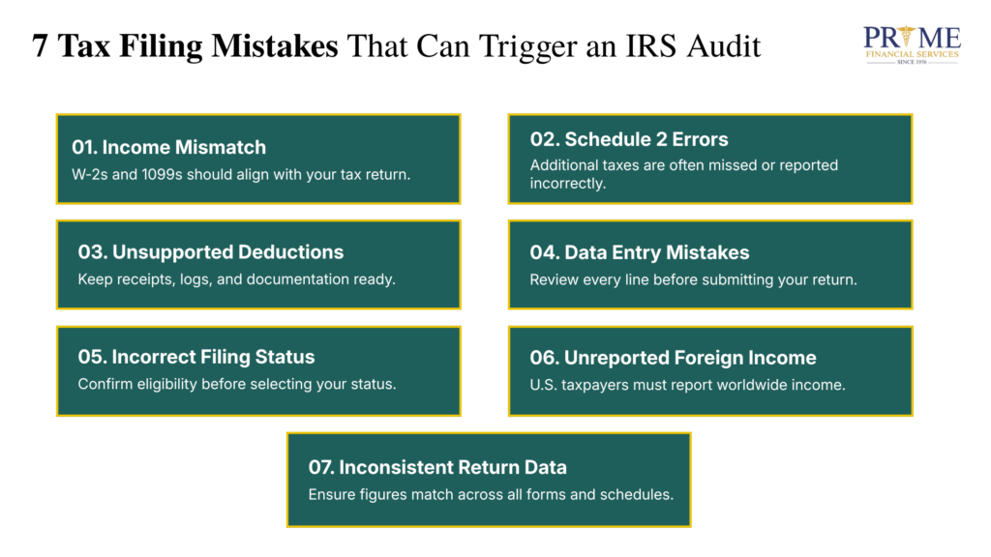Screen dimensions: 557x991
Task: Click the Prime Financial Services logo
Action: click(912, 44)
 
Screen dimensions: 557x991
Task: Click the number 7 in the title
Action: click(40, 45)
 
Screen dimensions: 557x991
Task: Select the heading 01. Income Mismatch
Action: click(168, 147)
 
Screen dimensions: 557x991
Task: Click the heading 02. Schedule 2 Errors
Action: click(629, 138)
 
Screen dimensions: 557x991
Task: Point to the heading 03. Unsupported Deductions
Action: click(210, 252)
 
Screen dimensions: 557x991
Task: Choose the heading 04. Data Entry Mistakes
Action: click(639, 252)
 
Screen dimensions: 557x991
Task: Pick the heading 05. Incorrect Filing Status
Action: click(195, 357)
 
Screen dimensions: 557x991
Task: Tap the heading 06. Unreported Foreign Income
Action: click(673, 358)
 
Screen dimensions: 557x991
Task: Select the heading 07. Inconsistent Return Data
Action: click(437, 467)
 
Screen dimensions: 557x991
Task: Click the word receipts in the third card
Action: click(142, 279)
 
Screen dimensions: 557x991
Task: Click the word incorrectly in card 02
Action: click(568, 183)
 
